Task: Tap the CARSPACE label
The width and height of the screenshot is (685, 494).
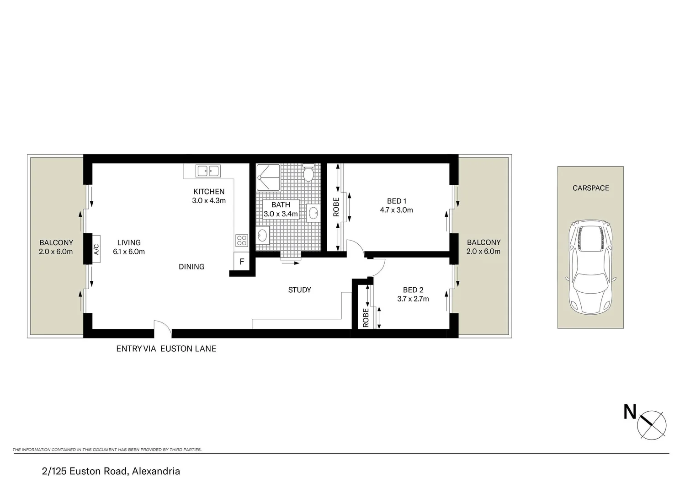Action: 590,188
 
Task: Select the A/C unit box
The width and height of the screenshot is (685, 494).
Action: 96,249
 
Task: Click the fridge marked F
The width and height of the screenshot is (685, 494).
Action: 242,262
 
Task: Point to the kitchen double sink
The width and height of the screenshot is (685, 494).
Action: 207,171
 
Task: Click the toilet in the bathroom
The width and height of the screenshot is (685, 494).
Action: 308,173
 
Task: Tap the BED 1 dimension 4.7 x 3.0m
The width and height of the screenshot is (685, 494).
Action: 396,210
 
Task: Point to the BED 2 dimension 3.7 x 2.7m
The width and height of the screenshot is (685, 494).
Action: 413,299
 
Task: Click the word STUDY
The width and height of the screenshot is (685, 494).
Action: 299,290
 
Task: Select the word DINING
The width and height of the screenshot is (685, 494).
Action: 191,267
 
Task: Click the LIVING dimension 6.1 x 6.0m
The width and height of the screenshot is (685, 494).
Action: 129,252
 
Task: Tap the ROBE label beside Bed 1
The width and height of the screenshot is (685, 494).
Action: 336,207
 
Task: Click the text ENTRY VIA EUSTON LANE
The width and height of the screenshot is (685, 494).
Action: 166,349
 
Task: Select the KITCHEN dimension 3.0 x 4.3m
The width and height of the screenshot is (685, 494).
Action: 209,200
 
